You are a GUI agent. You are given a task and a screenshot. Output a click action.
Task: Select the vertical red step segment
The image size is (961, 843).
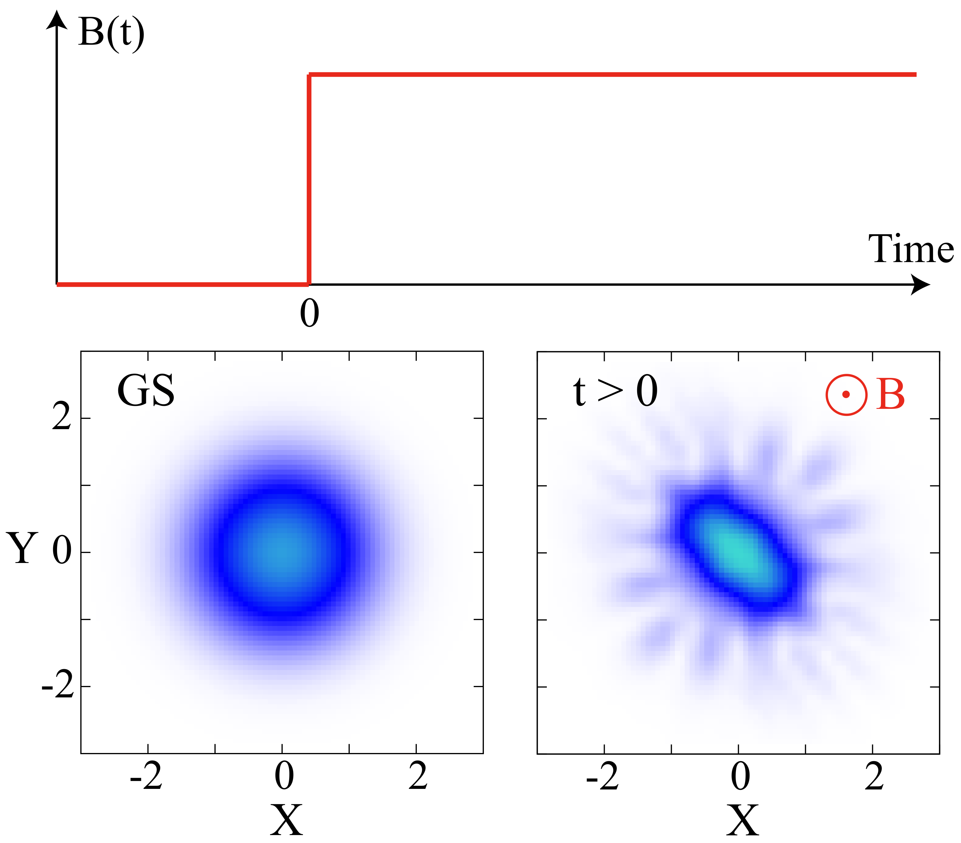pyautogui.click(x=309, y=179)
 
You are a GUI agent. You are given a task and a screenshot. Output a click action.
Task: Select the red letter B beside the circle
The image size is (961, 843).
pyautogui.click(x=890, y=395)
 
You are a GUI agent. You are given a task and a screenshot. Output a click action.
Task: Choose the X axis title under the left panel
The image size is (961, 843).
pyautogui.click(x=286, y=819)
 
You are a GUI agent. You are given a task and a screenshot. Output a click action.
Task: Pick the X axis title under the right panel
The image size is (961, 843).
pyautogui.click(x=742, y=819)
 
